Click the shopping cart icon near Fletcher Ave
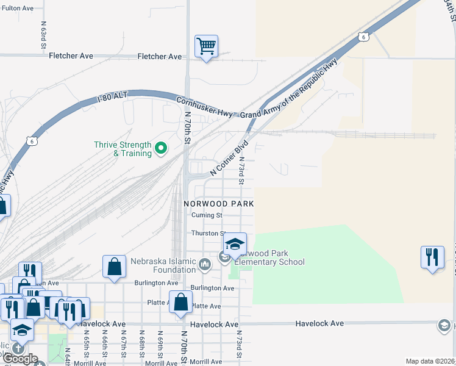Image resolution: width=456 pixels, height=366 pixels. pos(206,46)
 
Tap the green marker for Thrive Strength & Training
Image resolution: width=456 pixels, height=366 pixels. pos(161,147)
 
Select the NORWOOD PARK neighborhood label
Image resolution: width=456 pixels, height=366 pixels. pos(218,203)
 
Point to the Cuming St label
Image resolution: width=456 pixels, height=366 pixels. pos(206,215)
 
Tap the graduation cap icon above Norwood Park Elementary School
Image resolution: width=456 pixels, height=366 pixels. pos(234,245)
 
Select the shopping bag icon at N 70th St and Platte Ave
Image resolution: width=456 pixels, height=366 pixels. pos(180,303)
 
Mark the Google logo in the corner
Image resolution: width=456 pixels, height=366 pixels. pos(21,359)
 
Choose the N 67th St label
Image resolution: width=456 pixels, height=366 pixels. pos(123,345)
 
